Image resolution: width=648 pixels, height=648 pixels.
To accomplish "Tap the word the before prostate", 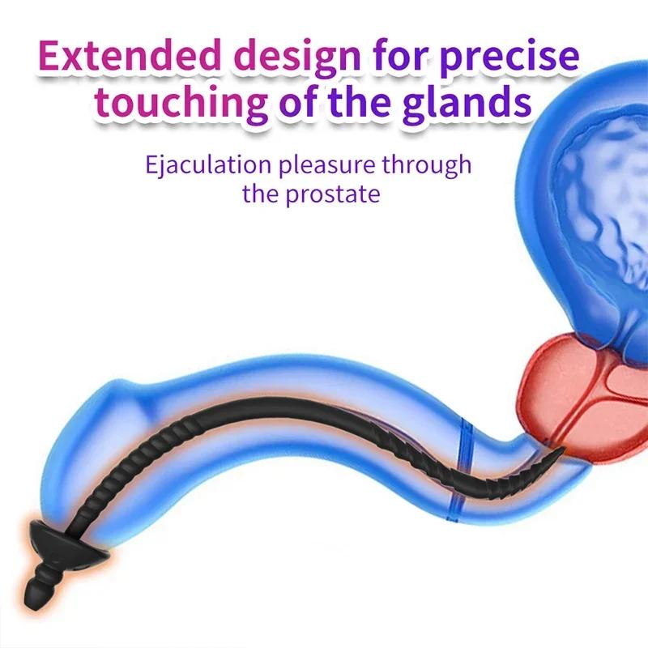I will click(x=264, y=194).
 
